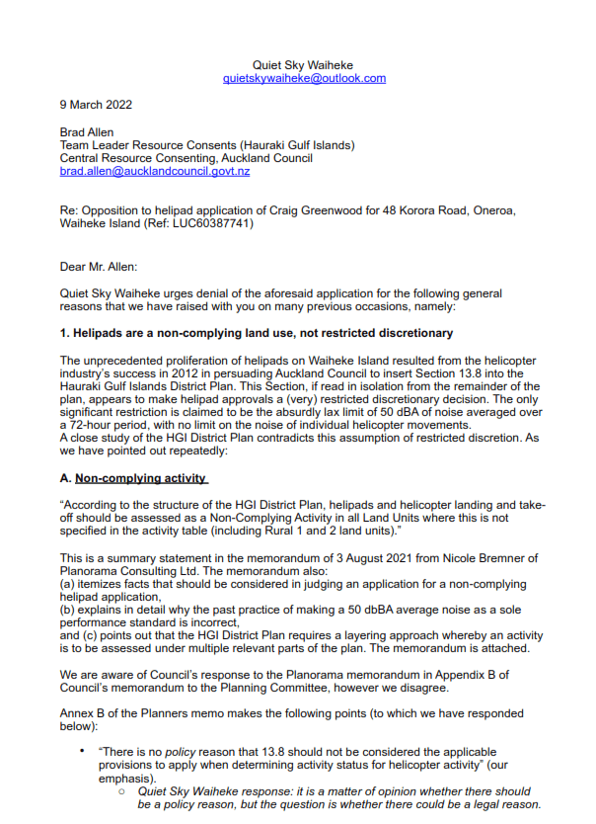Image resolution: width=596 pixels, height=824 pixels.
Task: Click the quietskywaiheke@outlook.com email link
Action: [304, 78]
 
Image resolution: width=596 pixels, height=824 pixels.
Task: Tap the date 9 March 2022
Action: [96, 105]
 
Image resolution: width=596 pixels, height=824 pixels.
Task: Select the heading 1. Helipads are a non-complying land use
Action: [256, 333]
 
